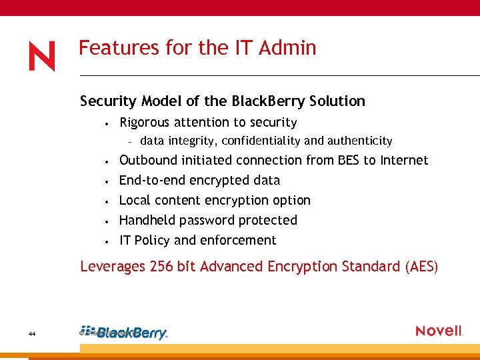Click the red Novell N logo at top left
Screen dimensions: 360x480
(41, 56)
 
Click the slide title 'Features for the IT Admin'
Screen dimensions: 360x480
(197, 48)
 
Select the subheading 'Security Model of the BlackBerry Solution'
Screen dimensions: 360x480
(222, 101)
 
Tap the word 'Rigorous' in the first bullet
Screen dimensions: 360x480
(143, 123)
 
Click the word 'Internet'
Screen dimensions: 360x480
(404, 161)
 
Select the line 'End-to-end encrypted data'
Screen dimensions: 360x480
(199, 181)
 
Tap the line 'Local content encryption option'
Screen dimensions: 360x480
(215, 201)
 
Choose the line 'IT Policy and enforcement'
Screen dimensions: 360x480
(197, 241)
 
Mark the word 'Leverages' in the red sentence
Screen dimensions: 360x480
(112, 267)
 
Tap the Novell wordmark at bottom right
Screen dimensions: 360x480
(439, 331)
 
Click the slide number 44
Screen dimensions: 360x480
(33, 333)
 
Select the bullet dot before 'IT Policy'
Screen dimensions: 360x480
(107, 241)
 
